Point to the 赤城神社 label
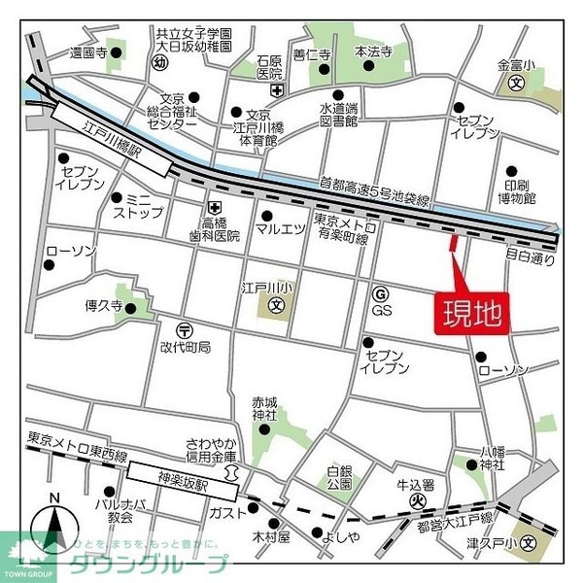(265, 408)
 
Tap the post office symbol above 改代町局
(185, 329)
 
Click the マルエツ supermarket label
(281, 229)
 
